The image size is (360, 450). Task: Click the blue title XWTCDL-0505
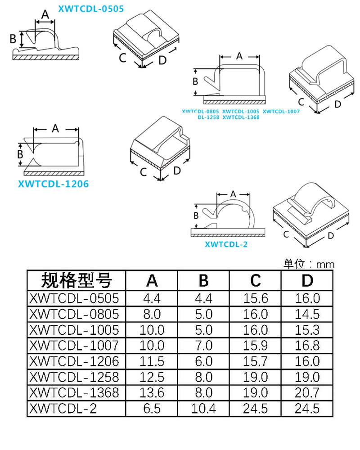91,9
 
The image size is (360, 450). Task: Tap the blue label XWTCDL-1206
53,184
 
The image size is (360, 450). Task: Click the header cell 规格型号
76,281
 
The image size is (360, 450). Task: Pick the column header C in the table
256,281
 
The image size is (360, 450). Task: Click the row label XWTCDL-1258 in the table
74,377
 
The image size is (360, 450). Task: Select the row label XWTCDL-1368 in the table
74,393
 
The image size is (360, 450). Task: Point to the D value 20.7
307,393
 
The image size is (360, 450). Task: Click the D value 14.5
307,314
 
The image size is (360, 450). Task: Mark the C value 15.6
256,298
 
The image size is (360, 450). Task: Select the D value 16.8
307,346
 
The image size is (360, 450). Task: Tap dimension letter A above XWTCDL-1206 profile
55,129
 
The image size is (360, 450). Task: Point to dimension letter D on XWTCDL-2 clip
331,235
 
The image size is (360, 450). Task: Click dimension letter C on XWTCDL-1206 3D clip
144,172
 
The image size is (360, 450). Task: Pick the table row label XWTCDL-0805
74,314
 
